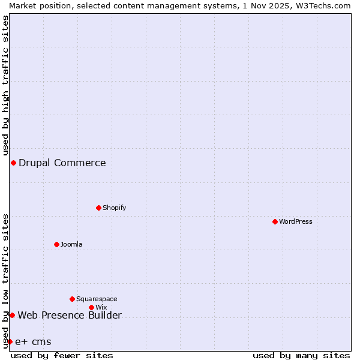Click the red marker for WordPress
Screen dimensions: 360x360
[275, 221]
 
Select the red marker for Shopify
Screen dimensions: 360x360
[98, 208]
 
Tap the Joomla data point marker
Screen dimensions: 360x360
[56, 244]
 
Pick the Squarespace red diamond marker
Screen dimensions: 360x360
[72, 299]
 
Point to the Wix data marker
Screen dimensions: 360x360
[91, 307]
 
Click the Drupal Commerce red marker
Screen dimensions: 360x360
[13, 163]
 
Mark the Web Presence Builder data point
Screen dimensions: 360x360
[12, 315]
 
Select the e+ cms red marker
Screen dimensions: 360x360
[10, 341]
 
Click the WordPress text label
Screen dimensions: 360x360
[296, 221]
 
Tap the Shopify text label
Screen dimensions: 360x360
[114, 208]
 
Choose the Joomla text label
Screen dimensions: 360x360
[71, 244]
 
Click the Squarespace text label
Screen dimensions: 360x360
[97, 299]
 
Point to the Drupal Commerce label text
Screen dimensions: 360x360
[62, 163]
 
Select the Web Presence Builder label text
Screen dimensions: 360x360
[70, 315]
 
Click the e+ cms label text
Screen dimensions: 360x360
[33, 342]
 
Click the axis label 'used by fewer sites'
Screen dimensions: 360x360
[62, 355]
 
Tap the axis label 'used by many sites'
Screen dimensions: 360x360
[301, 355]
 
